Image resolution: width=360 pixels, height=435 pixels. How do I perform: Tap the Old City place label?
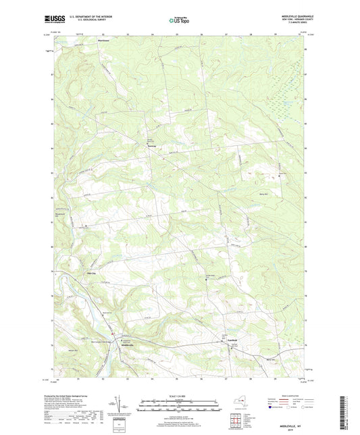click(93, 273)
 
